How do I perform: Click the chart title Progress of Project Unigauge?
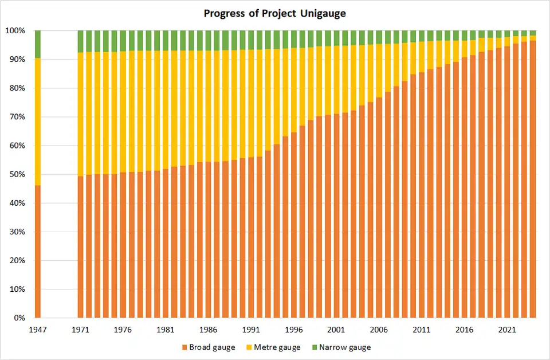tap(275, 13)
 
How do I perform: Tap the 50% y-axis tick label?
tap(17, 174)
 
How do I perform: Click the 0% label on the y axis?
tap(19, 318)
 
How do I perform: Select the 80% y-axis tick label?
tap(17, 88)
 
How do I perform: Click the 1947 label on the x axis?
tap(38, 330)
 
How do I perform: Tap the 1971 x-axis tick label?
tap(81, 330)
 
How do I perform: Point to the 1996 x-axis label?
tap(293, 330)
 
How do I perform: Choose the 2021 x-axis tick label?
tap(506, 330)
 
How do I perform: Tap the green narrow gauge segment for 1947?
tap(38, 44)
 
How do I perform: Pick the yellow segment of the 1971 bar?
tap(81, 114)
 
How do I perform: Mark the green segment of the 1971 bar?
tap(81, 41)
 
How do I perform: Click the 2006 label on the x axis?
tap(378, 330)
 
